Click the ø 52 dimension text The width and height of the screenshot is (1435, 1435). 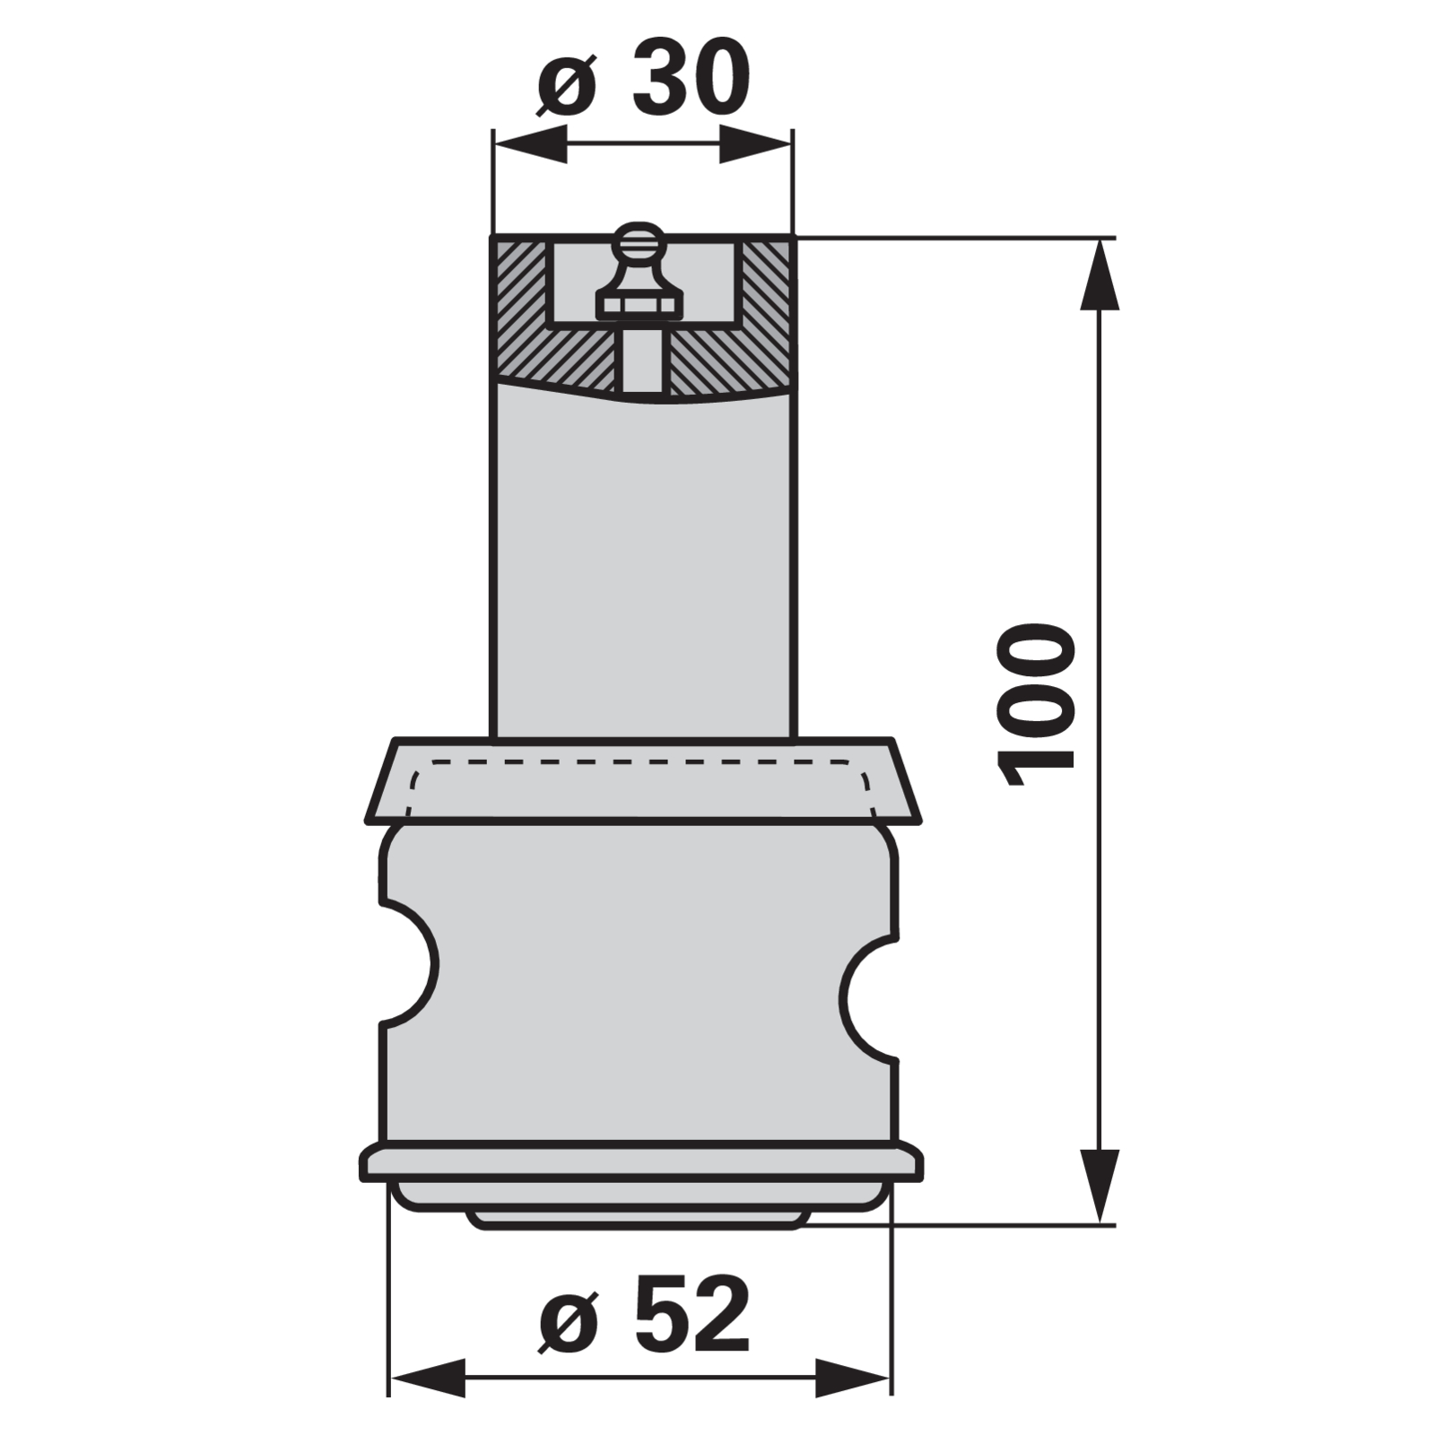[644, 1316]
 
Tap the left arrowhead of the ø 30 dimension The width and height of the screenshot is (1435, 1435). [530, 143]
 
